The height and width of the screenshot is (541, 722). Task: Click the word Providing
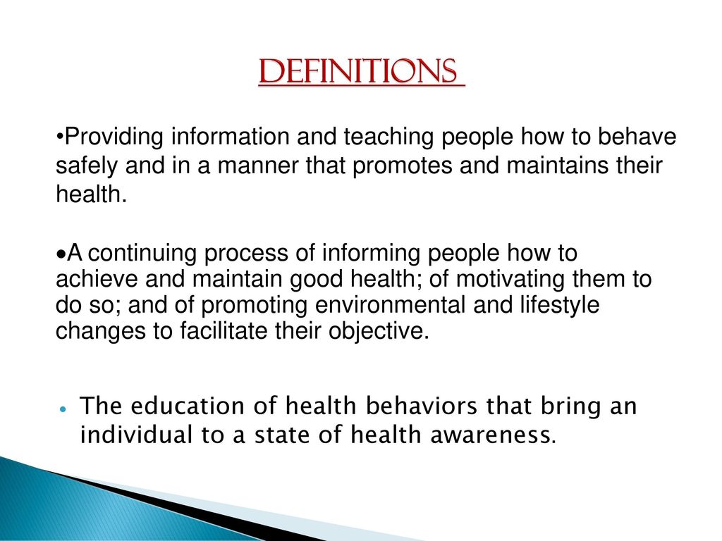pyautogui.click(x=114, y=137)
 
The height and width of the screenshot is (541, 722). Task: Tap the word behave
pyautogui.click(x=637, y=137)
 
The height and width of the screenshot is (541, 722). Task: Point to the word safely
pyautogui.click(x=87, y=166)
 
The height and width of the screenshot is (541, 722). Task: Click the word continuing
pyautogui.click(x=145, y=254)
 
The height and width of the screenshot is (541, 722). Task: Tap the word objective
pyautogui.click(x=379, y=332)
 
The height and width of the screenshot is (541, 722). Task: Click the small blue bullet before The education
pyautogui.click(x=63, y=409)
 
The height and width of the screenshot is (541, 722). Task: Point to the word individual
pyautogui.click(x=136, y=434)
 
